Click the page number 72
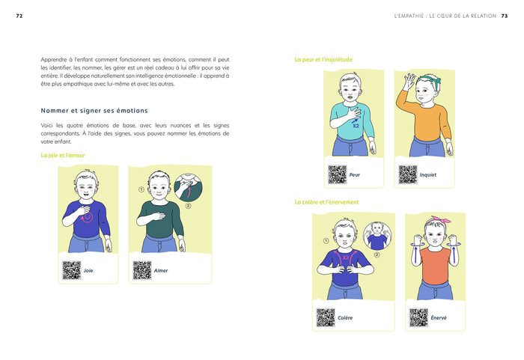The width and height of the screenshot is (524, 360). [x=19, y=16]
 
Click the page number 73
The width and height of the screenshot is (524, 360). [x=505, y=16]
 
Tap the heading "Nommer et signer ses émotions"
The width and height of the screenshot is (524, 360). [x=94, y=111]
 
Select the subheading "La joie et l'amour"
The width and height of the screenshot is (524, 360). [x=63, y=155]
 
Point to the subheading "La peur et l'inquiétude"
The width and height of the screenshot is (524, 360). [x=323, y=59]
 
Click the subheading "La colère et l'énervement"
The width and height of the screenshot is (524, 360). [x=326, y=202]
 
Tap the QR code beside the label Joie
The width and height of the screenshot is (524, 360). [x=72, y=270]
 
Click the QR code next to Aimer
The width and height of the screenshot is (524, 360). [x=142, y=270]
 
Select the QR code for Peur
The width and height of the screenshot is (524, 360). [x=337, y=174]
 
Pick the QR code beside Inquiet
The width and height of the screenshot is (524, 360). [x=408, y=174]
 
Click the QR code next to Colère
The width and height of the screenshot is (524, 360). [x=326, y=317]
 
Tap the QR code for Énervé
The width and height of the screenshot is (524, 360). [x=418, y=317]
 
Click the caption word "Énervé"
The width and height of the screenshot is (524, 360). [x=439, y=317]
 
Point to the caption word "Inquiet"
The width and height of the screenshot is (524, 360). [x=428, y=175]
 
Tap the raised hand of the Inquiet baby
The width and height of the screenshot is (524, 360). [x=409, y=81]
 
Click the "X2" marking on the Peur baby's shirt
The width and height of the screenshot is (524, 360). [x=356, y=126]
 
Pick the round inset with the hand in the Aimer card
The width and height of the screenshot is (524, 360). [x=188, y=187]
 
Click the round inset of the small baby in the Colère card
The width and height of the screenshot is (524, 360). [x=377, y=236]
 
